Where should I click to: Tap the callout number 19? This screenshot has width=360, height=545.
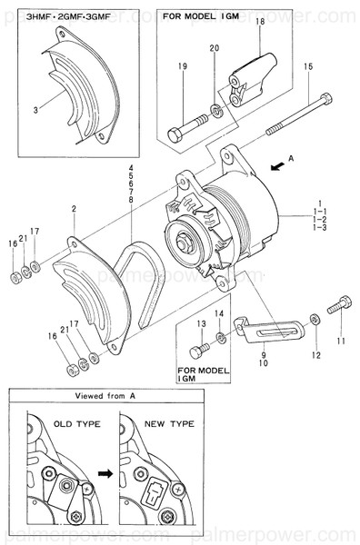tap(183, 66)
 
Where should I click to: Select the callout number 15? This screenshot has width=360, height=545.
tap(308, 67)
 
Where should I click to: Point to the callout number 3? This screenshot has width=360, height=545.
tap(35, 109)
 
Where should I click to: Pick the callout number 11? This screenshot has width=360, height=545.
tap(342, 341)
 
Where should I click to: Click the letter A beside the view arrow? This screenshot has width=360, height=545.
tap(291, 157)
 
